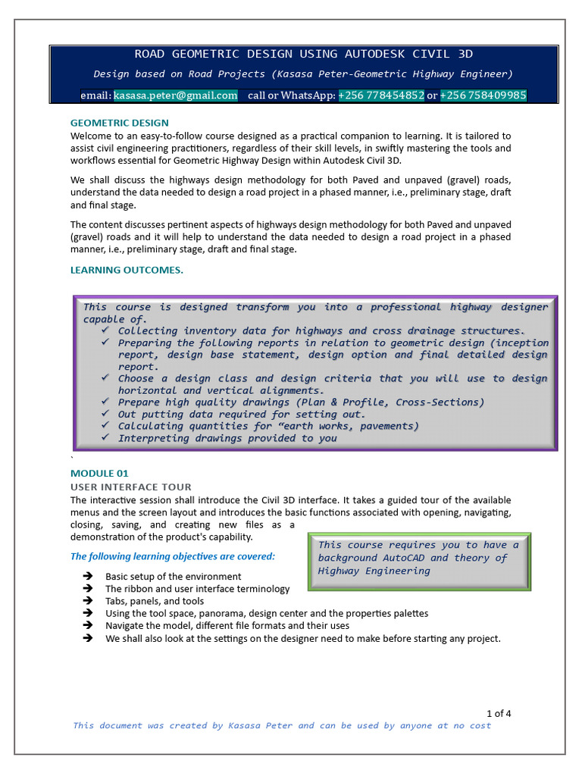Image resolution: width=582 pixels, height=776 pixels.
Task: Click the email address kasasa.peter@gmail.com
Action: [x=175, y=95]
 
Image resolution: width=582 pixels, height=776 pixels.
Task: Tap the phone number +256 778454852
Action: [x=381, y=95]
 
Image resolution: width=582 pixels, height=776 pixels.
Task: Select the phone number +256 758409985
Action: [x=483, y=95]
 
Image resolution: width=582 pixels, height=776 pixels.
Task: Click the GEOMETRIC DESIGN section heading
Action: [x=120, y=123]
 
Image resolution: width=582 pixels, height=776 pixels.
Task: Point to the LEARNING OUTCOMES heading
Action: [x=127, y=270]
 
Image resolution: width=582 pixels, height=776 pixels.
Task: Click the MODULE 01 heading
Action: [x=99, y=474]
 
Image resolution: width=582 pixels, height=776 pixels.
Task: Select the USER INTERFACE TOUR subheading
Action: [x=131, y=487]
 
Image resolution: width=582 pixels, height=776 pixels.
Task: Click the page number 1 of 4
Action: [x=499, y=713]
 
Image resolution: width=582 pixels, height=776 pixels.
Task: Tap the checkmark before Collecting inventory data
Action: [x=105, y=330]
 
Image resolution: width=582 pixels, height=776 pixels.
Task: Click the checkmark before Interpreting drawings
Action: [x=105, y=437]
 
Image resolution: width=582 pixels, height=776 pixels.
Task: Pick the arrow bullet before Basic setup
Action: [x=88, y=577]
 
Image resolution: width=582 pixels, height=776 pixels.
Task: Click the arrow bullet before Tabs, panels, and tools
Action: [x=88, y=601]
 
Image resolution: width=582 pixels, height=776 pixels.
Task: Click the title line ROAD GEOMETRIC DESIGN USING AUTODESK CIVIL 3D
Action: [x=304, y=54]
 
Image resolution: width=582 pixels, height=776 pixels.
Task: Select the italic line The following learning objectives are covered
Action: [x=173, y=556]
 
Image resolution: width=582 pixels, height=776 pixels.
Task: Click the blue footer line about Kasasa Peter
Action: [x=282, y=725]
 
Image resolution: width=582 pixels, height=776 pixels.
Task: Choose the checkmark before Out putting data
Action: [x=105, y=414]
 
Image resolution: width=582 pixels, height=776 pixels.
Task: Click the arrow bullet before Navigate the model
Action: [x=88, y=625]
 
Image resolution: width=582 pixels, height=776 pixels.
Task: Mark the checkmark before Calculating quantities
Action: [x=105, y=426]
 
